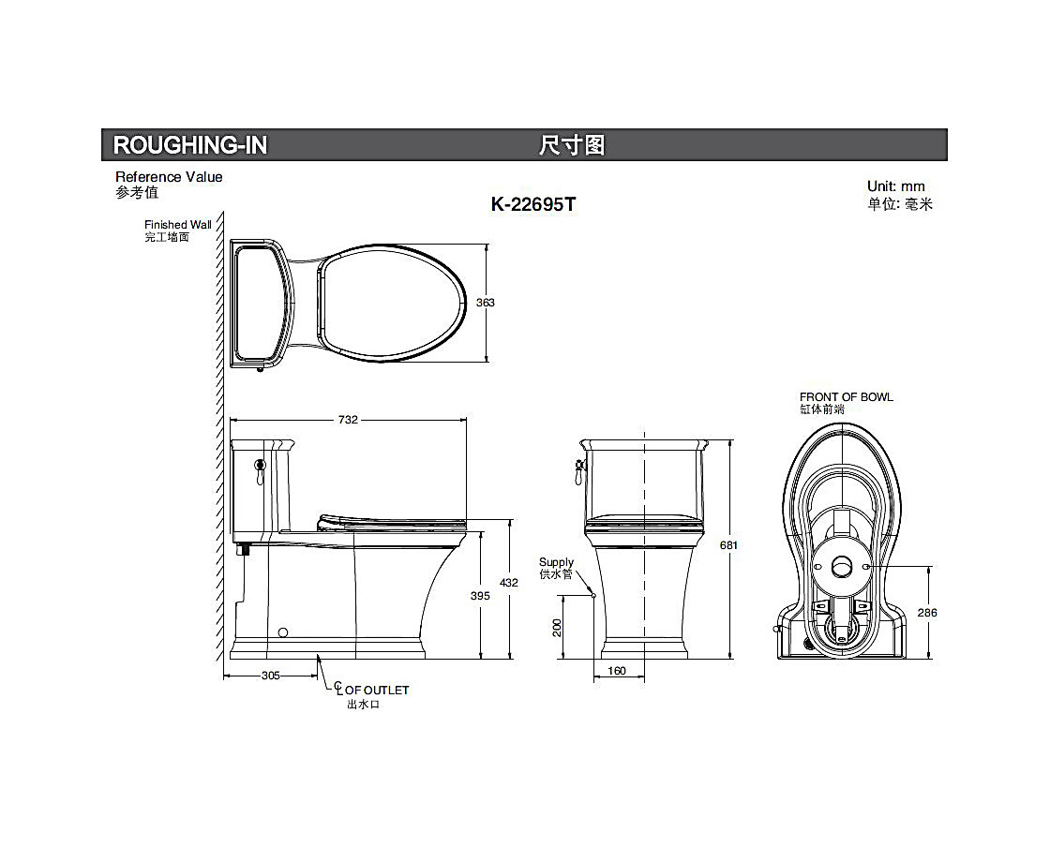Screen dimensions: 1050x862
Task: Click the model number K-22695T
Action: (533, 204)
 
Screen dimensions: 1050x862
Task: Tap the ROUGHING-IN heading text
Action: (190, 145)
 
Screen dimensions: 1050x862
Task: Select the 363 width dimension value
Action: (486, 303)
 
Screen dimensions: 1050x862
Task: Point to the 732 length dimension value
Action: (348, 420)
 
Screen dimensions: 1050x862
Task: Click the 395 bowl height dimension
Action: (480, 596)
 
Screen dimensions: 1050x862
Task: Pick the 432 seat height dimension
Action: (509, 583)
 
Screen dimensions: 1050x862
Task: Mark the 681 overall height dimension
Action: (728, 545)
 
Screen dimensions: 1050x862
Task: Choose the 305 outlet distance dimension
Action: (271, 676)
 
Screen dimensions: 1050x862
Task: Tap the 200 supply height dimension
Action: (557, 627)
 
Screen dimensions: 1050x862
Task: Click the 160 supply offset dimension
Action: (617, 671)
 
